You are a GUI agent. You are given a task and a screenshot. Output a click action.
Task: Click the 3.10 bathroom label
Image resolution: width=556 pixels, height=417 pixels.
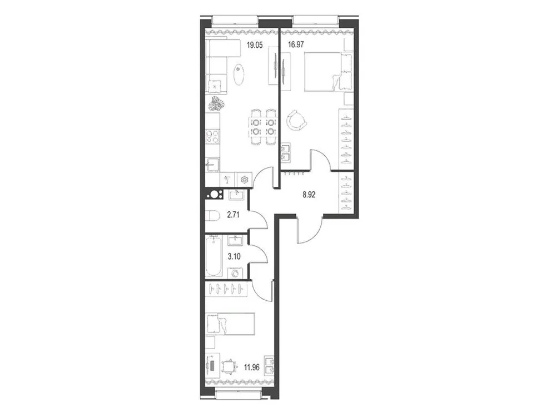click(x=235, y=256)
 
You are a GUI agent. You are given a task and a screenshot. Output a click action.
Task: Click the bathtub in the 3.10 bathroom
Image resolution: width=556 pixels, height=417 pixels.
click(x=214, y=256)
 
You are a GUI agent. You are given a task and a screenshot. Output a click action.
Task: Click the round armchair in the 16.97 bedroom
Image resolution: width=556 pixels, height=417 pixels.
click(x=295, y=119)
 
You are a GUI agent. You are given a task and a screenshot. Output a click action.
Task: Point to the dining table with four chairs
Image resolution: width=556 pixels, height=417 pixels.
click(x=262, y=126)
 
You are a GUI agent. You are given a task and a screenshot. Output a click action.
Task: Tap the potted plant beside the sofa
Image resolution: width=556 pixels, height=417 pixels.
click(x=216, y=103)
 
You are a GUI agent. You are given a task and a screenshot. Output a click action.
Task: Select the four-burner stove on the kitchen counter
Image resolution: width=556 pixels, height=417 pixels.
click(x=213, y=137)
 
